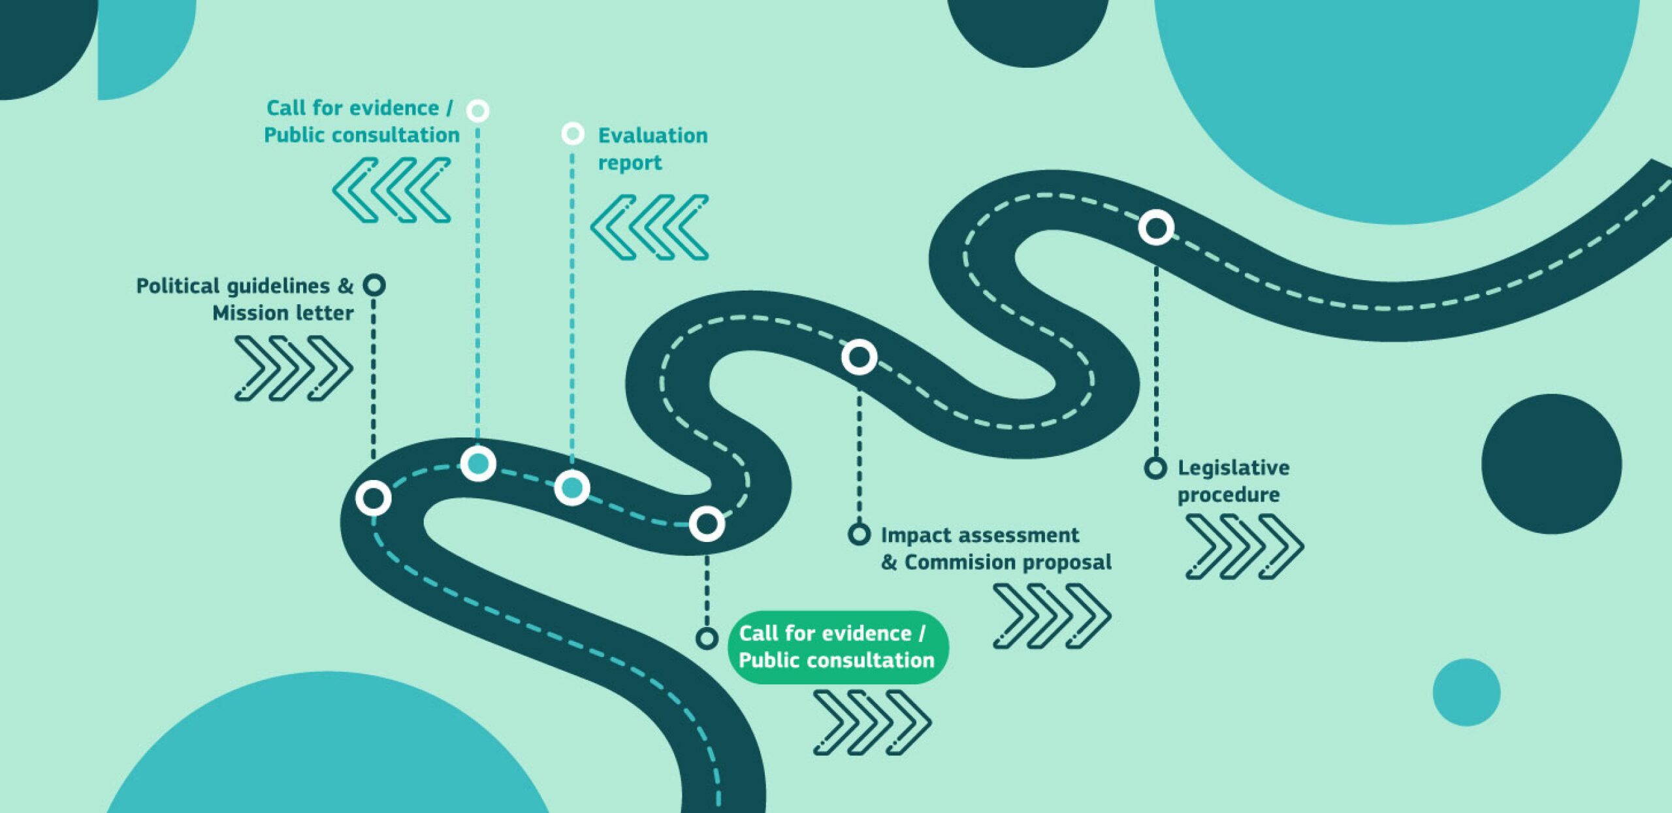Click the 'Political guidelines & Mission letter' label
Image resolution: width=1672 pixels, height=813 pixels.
[245, 299]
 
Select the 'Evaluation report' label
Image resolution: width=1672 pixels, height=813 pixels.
[652, 149]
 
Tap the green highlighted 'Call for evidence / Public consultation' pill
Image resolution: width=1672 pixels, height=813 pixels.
[837, 647]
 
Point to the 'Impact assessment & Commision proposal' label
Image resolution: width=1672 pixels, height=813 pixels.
[995, 549]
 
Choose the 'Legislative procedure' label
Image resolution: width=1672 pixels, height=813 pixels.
[1233, 481]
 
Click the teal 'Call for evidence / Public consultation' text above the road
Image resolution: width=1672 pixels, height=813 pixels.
[361, 121]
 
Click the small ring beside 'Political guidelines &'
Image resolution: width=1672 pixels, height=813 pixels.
[374, 285]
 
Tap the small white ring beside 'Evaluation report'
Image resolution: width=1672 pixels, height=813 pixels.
[573, 134]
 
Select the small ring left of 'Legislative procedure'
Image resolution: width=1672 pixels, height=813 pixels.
[1155, 468]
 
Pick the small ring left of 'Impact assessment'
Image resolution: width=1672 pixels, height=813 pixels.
[859, 534]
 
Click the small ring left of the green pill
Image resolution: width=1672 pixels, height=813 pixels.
[707, 638]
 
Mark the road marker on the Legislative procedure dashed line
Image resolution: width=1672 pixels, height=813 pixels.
[1156, 227]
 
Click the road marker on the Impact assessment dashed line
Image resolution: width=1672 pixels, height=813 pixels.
[859, 357]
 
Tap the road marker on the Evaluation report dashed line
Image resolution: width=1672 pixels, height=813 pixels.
[572, 487]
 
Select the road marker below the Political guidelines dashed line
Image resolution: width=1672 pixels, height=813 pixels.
[374, 498]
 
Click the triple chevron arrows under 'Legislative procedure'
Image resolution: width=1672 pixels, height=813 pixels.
[1244, 547]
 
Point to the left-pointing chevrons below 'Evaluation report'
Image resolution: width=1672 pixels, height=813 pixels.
[649, 227]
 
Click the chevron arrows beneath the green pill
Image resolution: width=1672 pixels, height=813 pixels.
[872, 723]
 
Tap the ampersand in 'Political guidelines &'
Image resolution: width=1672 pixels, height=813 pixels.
[346, 285]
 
